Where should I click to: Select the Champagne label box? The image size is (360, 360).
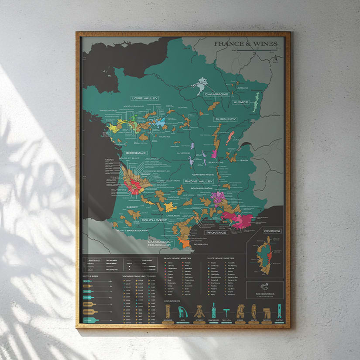click(x=217, y=94)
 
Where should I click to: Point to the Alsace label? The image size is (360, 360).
click(x=240, y=102)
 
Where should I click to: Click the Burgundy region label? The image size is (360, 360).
click(x=225, y=119)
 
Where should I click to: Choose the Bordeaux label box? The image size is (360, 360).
click(x=135, y=153)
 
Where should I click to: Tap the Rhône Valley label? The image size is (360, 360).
click(x=199, y=181)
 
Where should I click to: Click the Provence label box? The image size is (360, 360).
click(x=216, y=233)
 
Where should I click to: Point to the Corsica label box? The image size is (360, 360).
click(x=272, y=231)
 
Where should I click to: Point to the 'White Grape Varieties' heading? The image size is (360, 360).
click(x=223, y=258)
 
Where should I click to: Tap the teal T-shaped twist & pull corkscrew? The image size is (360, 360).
click(x=227, y=312)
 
